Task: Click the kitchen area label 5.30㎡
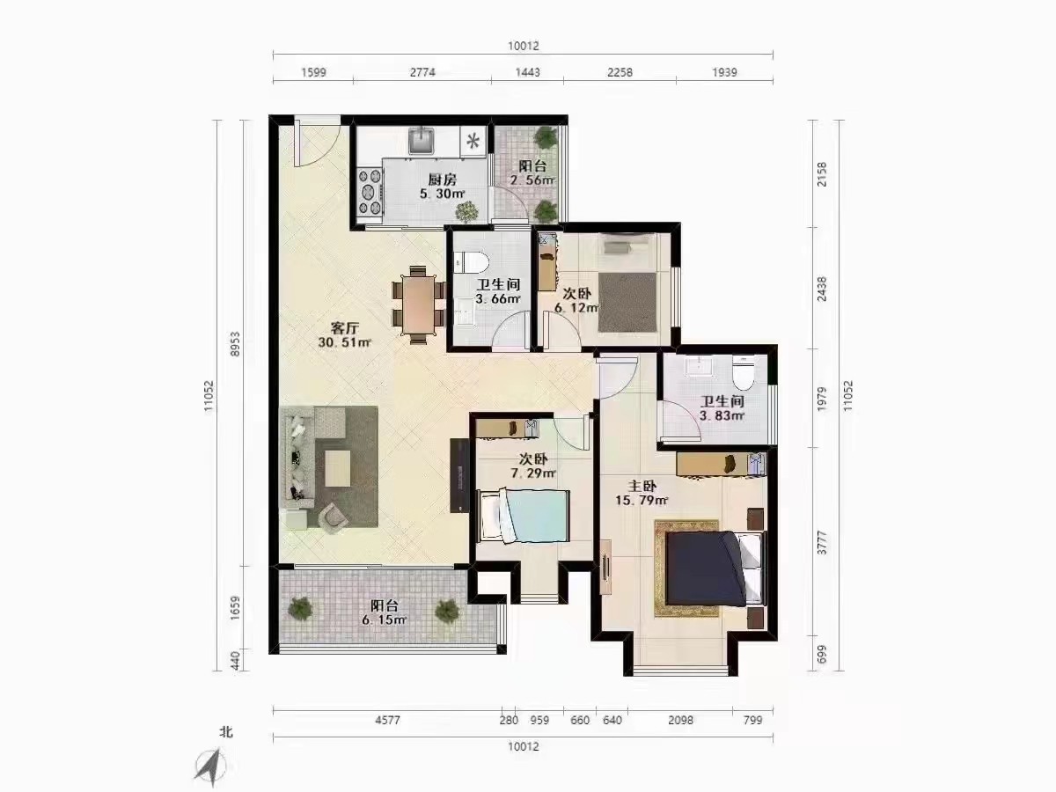pos(442,194)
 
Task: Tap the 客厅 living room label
pos(344,328)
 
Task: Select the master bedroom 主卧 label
pos(642,486)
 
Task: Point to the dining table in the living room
pos(419,304)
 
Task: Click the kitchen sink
pos(422,140)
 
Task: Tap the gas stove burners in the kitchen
pos(370,191)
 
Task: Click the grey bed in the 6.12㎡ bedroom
pos(627,303)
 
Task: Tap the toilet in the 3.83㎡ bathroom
pos(744,372)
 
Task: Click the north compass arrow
pos(209,766)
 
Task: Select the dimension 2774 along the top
pos(422,72)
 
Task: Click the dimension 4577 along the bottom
pos(387,719)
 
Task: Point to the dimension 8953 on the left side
pos(236,343)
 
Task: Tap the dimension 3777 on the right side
pos(822,542)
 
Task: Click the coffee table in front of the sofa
pos(338,468)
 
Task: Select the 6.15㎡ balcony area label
pos(385,620)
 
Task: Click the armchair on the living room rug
pos(333,517)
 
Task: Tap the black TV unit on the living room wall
pos(459,475)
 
